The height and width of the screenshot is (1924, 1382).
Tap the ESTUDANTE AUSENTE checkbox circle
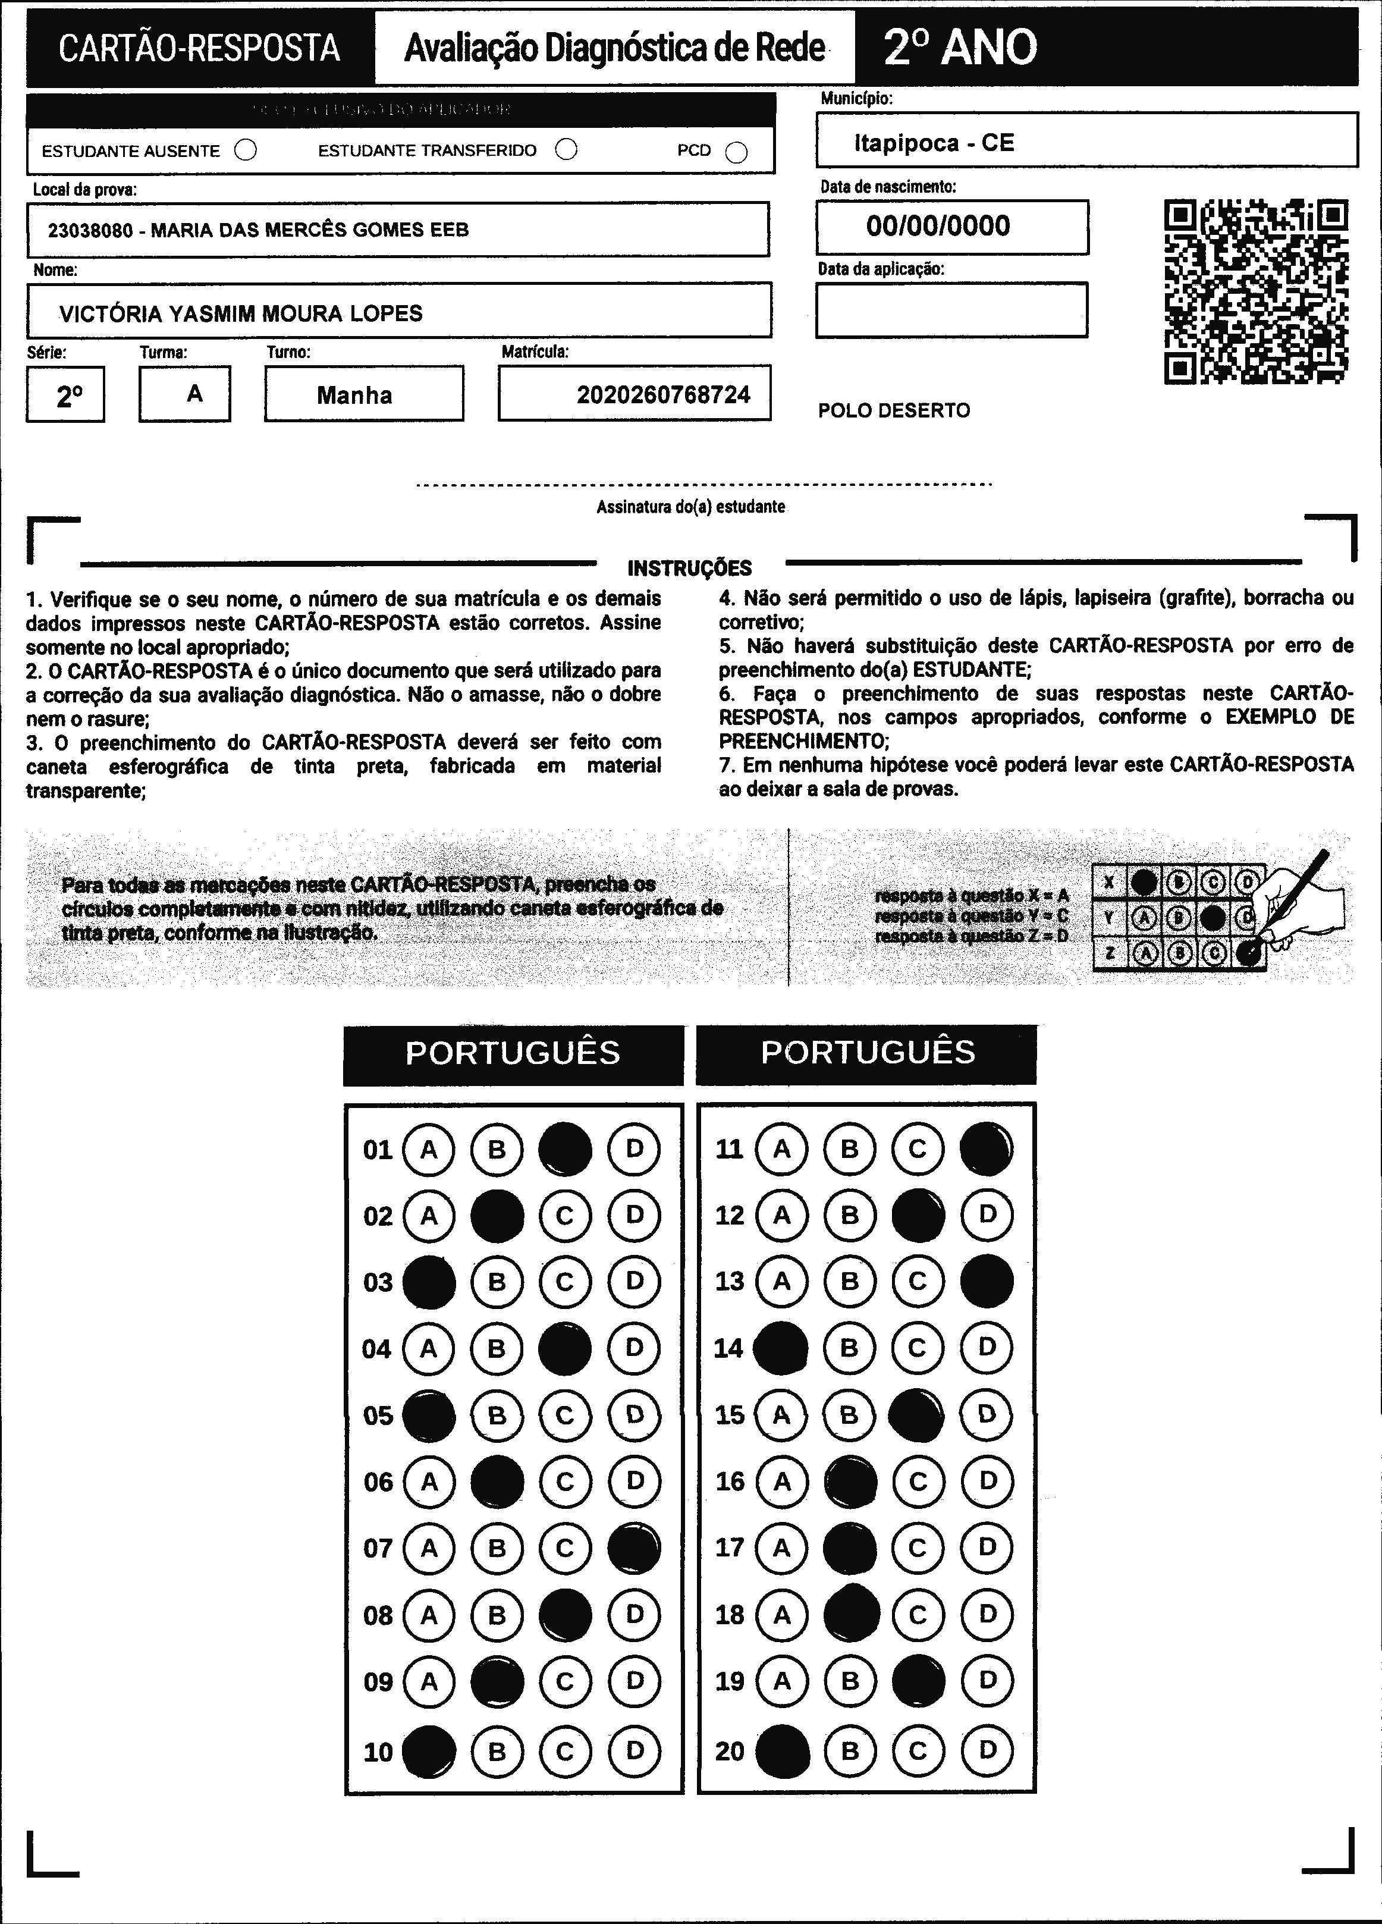click(x=246, y=150)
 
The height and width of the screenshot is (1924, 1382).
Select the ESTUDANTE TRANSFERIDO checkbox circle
click(x=566, y=149)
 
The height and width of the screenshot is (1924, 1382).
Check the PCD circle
click(x=736, y=152)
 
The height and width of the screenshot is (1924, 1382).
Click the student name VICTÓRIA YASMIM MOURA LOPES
click(x=240, y=313)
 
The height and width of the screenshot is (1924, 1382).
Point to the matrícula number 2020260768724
click(x=664, y=394)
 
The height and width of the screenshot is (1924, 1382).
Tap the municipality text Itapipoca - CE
click(x=934, y=143)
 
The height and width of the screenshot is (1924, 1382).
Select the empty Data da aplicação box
click(x=951, y=310)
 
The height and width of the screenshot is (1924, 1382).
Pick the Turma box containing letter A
click(x=185, y=394)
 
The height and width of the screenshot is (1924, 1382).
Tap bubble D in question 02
click(x=635, y=1216)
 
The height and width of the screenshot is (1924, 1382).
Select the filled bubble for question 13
click(x=987, y=1281)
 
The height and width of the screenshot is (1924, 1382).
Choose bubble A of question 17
click(x=781, y=1548)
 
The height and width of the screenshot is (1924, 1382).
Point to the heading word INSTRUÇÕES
click(x=690, y=567)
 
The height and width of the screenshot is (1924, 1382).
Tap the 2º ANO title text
click(x=960, y=48)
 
